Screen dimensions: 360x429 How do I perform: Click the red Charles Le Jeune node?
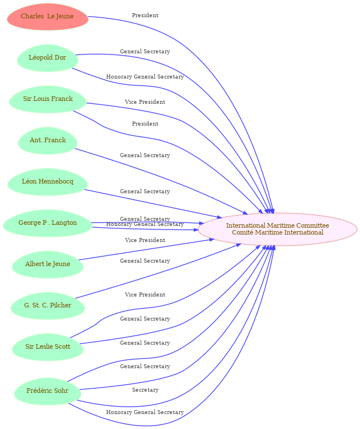(48, 17)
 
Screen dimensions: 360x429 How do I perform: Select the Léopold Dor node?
(48, 58)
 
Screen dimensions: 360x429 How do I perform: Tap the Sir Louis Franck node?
(48, 99)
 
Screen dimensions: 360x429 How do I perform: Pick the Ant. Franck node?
(48, 141)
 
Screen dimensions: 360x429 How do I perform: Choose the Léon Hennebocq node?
(48, 182)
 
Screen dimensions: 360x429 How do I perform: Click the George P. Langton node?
(48, 223)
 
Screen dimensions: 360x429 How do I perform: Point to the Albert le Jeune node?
(48, 264)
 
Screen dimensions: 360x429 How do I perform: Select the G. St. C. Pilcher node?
(48, 306)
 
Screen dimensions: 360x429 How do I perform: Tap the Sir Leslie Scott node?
(48, 347)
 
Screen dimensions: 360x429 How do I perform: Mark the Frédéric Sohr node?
(48, 391)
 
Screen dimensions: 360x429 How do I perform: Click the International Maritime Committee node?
(277, 229)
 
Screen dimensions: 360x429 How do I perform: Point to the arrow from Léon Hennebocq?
(153, 204)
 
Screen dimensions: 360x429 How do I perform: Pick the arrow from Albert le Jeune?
(146, 249)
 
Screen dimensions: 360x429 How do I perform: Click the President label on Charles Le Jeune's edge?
(145, 15)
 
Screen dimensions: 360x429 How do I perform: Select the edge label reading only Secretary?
(145, 390)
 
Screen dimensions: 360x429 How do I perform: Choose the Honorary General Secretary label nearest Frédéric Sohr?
(145, 412)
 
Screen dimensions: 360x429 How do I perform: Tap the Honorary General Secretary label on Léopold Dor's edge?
(145, 77)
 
